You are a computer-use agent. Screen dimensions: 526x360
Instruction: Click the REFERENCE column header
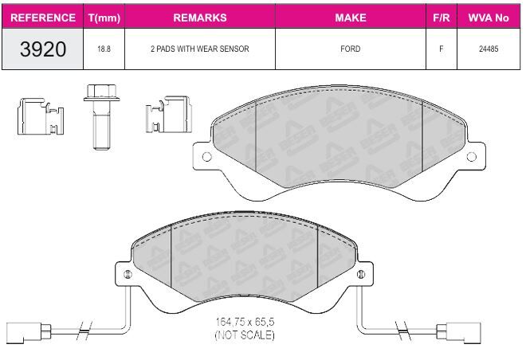[x=43, y=18]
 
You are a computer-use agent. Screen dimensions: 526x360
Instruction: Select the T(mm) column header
[x=104, y=18]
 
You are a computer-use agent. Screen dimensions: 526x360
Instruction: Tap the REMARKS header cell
[x=200, y=18]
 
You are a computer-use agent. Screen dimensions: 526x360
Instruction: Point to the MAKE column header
[x=351, y=18]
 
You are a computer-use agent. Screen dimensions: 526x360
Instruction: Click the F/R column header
[x=442, y=18]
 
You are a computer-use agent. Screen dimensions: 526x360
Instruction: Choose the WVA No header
[x=489, y=18]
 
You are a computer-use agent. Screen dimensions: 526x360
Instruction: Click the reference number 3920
[x=43, y=49]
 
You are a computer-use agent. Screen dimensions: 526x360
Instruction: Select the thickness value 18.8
[x=104, y=49]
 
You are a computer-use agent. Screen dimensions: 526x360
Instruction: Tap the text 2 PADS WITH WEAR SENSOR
[x=200, y=49]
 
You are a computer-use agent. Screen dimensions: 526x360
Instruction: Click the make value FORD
[x=351, y=49]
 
